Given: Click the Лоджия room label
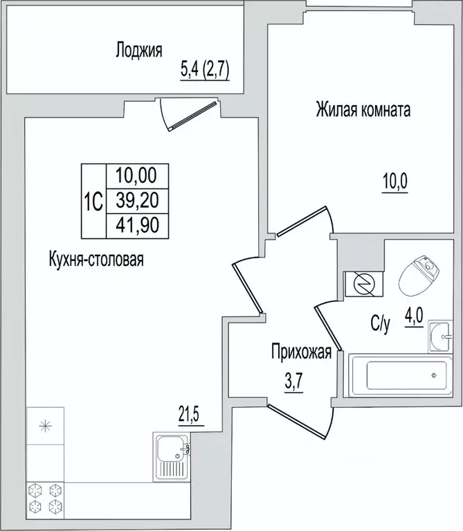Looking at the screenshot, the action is point(139,51).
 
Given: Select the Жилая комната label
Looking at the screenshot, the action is point(363,109).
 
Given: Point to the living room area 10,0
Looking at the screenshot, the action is point(395,181).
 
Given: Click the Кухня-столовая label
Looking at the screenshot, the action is point(96,259).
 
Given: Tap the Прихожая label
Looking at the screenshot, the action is point(301,352).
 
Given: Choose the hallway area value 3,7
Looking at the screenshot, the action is point(293,382).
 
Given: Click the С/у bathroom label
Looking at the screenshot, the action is point(380,324).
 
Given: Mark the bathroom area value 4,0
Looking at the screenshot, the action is point(414,316).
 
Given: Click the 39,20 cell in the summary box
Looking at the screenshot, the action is point(138,201).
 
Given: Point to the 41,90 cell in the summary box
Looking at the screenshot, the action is point(138,225).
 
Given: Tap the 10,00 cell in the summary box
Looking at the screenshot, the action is point(136,176).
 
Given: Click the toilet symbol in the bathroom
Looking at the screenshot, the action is point(419,276).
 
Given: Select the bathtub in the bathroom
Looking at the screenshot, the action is point(401,375).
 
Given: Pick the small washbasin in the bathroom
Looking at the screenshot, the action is point(440,336).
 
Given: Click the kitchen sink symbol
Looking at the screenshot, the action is point(172,456).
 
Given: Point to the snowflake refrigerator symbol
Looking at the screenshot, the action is point(46,426).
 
